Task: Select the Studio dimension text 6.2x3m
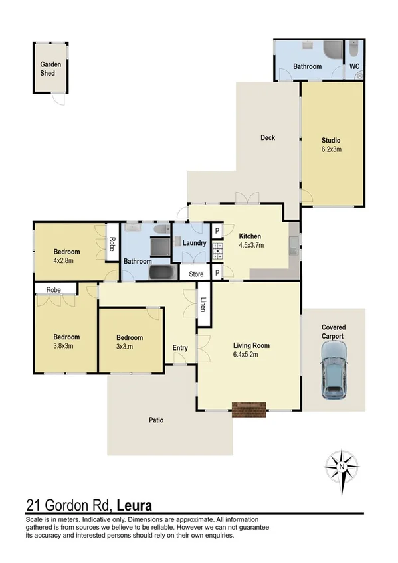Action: coord(331,150)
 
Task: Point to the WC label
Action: coord(354,67)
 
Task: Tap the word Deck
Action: coord(268,138)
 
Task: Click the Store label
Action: coord(196,274)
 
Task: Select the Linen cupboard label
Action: coord(203,305)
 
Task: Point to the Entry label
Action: coord(180,348)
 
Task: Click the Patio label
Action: coord(156,420)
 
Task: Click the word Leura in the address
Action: coord(134,505)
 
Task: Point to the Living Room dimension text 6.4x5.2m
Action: coord(250,355)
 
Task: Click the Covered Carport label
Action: coord(333,332)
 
